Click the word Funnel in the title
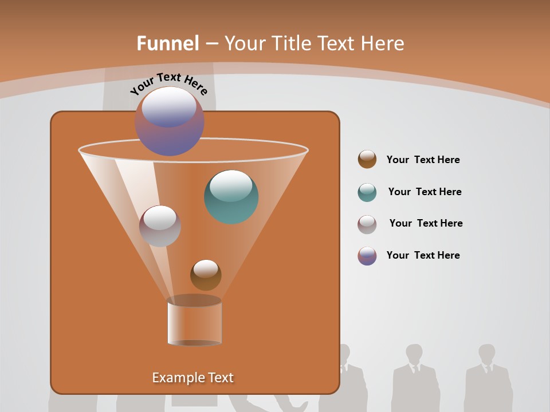pyautogui.click(x=168, y=43)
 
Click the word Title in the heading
pyautogui.click(x=291, y=43)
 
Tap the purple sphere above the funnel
pyautogui.click(x=169, y=121)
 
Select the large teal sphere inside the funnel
pyautogui.click(x=231, y=196)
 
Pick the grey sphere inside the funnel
pyautogui.click(x=160, y=226)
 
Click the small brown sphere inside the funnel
pyautogui.click(x=206, y=275)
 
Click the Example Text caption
pyautogui.click(x=193, y=378)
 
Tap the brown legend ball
pyautogui.click(x=367, y=160)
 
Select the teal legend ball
pyautogui.click(x=367, y=192)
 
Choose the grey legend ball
pyautogui.click(x=367, y=224)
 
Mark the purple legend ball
pyautogui.click(x=367, y=256)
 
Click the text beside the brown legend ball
pyautogui.click(x=423, y=160)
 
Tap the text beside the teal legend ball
pyautogui.click(x=425, y=192)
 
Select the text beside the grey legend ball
pyautogui.click(x=426, y=224)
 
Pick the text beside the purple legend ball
pyautogui.click(x=423, y=256)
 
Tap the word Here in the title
pyautogui.click(x=383, y=43)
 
